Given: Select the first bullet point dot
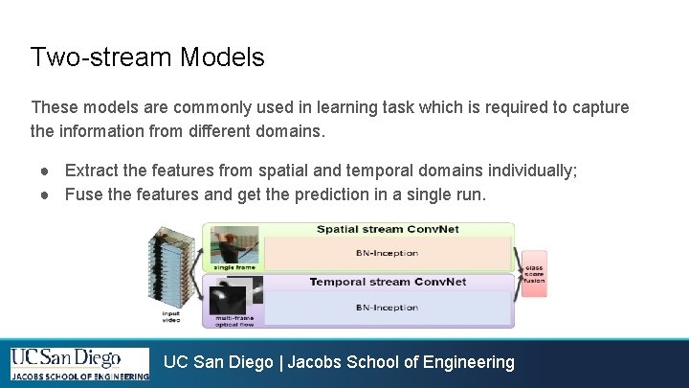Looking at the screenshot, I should [45, 171].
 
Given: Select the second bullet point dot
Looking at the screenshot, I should [45, 194].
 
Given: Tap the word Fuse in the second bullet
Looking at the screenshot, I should [83, 194].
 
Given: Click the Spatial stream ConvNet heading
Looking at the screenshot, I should [387, 230].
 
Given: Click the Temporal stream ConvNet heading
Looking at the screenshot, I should [387, 282].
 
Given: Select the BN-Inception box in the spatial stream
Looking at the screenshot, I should [387, 255].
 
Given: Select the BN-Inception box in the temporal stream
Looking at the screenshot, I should [387, 308].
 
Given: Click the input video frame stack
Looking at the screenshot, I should [173, 272].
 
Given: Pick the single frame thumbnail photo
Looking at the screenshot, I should [234, 244].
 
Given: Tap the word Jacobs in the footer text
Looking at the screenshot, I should [315, 362].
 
